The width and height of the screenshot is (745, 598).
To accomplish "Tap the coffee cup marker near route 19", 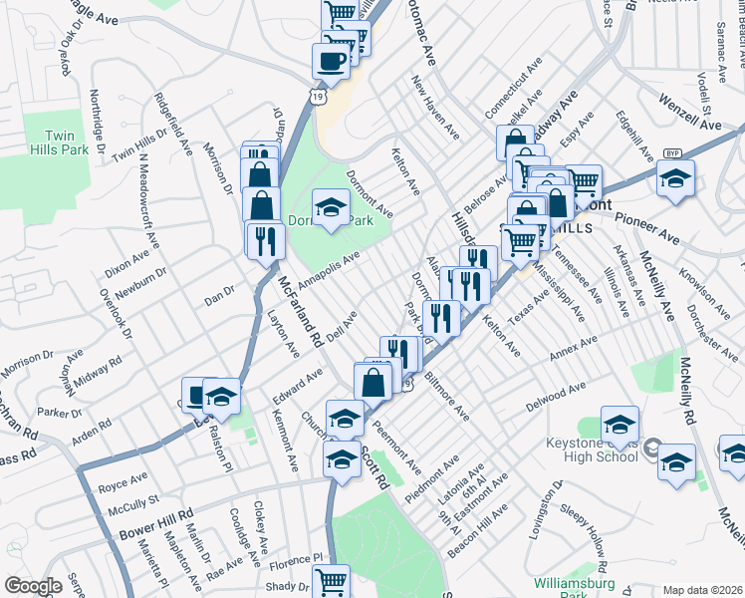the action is pos(331,60).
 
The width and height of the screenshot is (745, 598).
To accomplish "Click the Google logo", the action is pos(33,586).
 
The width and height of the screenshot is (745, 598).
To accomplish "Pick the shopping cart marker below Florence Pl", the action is pos(331,581).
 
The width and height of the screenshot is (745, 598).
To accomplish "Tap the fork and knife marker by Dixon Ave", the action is pos(265,241).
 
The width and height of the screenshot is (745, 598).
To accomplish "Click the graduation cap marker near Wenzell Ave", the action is pos(675,179).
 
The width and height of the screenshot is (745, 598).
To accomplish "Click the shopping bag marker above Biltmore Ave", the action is pos(372,382).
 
